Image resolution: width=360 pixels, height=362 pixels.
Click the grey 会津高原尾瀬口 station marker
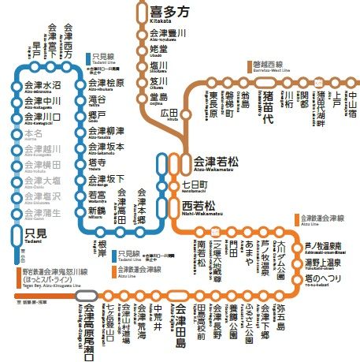(86, 297)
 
